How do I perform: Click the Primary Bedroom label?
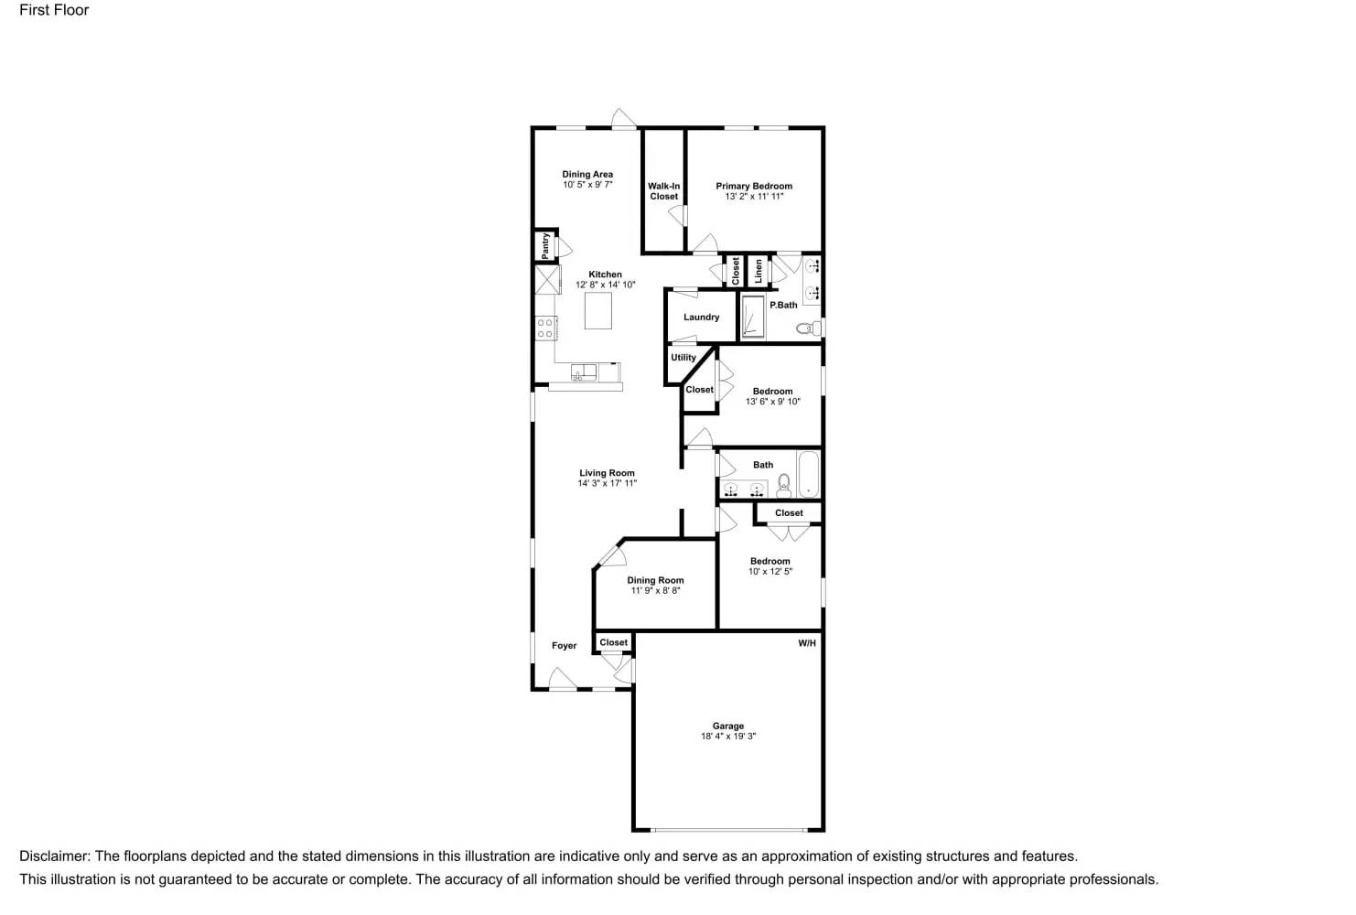(x=754, y=186)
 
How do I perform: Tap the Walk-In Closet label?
(x=664, y=191)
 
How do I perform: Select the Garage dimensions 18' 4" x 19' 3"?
(x=728, y=737)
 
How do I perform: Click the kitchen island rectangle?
(x=598, y=310)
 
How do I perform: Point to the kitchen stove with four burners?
(x=545, y=328)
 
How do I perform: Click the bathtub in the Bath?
(x=809, y=473)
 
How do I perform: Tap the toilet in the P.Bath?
(x=806, y=328)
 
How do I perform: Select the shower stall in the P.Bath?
(x=753, y=317)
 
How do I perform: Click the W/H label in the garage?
(x=807, y=643)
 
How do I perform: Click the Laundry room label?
(x=702, y=318)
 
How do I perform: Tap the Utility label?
(x=683, y=358)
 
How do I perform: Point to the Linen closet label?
(x=759, y=270)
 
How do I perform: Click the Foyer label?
(x=565, y=646)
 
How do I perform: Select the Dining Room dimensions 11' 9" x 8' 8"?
(x=655, y=591)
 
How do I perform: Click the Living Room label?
(x=607, y=473)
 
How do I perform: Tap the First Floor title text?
(x=54, y=10)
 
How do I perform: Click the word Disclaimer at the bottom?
(x=54, y=856)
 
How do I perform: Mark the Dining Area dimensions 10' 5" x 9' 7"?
(x=587, y=185)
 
